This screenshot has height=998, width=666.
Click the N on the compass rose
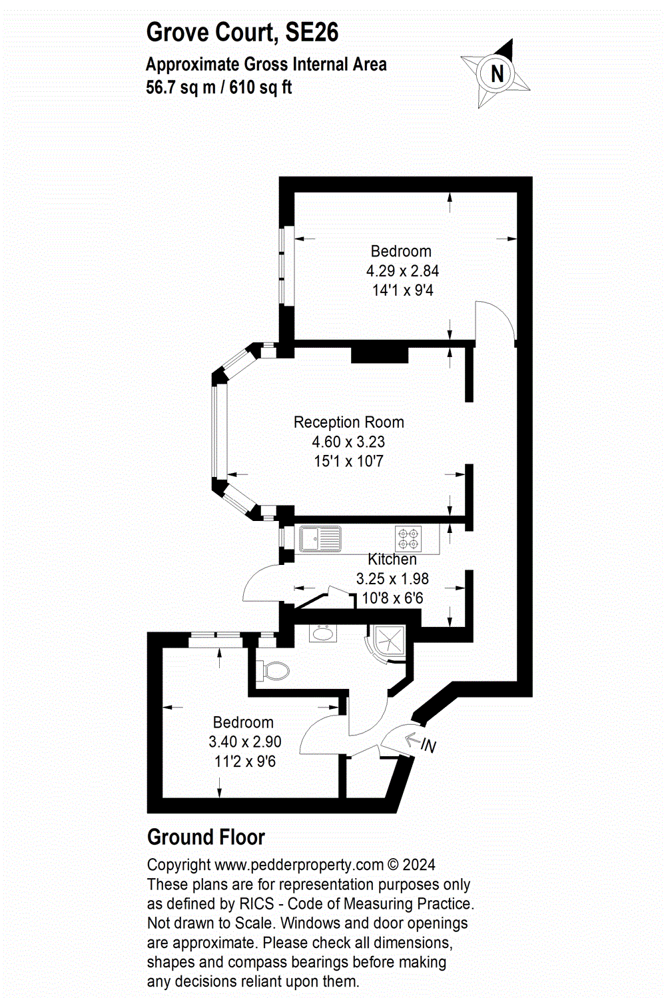pyautogui.click(x=497, y=73)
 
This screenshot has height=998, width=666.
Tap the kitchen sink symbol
pyautogui.click(x=320, y=538)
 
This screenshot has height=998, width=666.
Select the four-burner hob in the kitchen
pyautogui.click(x=408, y=538)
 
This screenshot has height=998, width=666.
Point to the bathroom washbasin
pyautogui.click(x=322, y=633)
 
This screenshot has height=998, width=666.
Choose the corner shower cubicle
pyautogui.click(x=386, y=644)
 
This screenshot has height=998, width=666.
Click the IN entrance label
pyautogui.click(x=428, y=746)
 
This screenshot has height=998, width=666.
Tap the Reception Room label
pyautogui.click(x=349, y=422)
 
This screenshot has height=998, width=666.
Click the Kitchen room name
pyautogui.click(x=392, y=559)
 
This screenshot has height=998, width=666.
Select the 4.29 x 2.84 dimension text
pyautogui.click(x=402, y=270)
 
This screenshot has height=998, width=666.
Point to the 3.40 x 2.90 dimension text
pyautogui.click(x=245, y=742)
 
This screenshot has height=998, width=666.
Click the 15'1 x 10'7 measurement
pyautogui.click(x=348, y=461)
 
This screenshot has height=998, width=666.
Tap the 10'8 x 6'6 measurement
pyautogui.click(x=392, y=598)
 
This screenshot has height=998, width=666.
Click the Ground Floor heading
pyautogui.click(x=206, y=837)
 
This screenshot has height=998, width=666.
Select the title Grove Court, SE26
pyautogui.click(x=242, y=32)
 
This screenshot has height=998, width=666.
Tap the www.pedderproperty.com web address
pyautogui.click(x=299, y=865)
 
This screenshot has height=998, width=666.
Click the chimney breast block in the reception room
pyautogui.click(x=380, y=354)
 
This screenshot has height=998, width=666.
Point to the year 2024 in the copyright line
pyautogui.click(x=419, y=864)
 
